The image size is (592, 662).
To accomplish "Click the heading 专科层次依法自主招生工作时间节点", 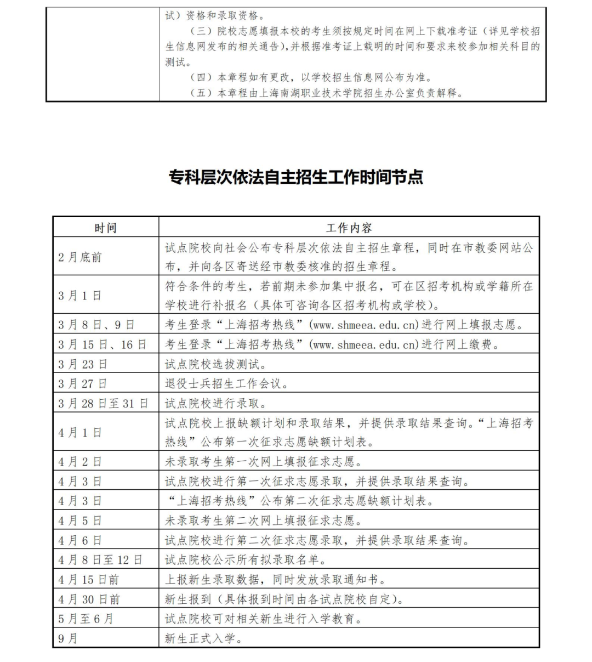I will pyautogui.click(x=296, y=177).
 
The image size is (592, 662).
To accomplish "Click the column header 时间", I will pyautogui.click(x=105, y=228).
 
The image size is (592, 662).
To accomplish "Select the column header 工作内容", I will pyautogui.click(x=349, y=228).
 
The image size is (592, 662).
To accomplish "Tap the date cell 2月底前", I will pyautogui.click(x=80, y=257).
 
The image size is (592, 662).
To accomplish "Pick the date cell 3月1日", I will pyautogui.click(x=80, y=295).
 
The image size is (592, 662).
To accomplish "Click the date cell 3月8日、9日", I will pyautogui.click(x=96, y=325).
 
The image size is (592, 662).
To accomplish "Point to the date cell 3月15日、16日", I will pyautogui.click(x=103, y=344).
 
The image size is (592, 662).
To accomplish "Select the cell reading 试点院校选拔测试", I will pyautogui.click(x=216, y=364).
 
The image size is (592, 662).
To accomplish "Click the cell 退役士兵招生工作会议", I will pyautogui.click(x=226, y=384).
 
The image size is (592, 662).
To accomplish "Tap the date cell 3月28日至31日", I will pyautogui.click(x=103, y=404).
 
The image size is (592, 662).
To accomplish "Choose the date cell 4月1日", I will pyautogui.click(x=80, y=432).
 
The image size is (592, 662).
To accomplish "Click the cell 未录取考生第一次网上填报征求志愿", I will pyautogui.click(x=264, y=462).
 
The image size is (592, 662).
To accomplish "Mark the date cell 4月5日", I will pyautogui.click(x=80, y=520).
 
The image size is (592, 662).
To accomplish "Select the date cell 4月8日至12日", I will pyautogui.click(x=100, y=560).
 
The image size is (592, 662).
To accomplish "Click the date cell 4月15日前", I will pyautogui.click(x=89, y=580).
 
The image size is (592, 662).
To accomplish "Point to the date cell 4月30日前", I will pyautogui.click(x=89, y=599).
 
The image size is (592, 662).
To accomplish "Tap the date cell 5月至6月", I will pyautogui.click(x=86, y=619).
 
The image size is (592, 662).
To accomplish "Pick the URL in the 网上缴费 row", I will pyautogui.click(x=364, y=344).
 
